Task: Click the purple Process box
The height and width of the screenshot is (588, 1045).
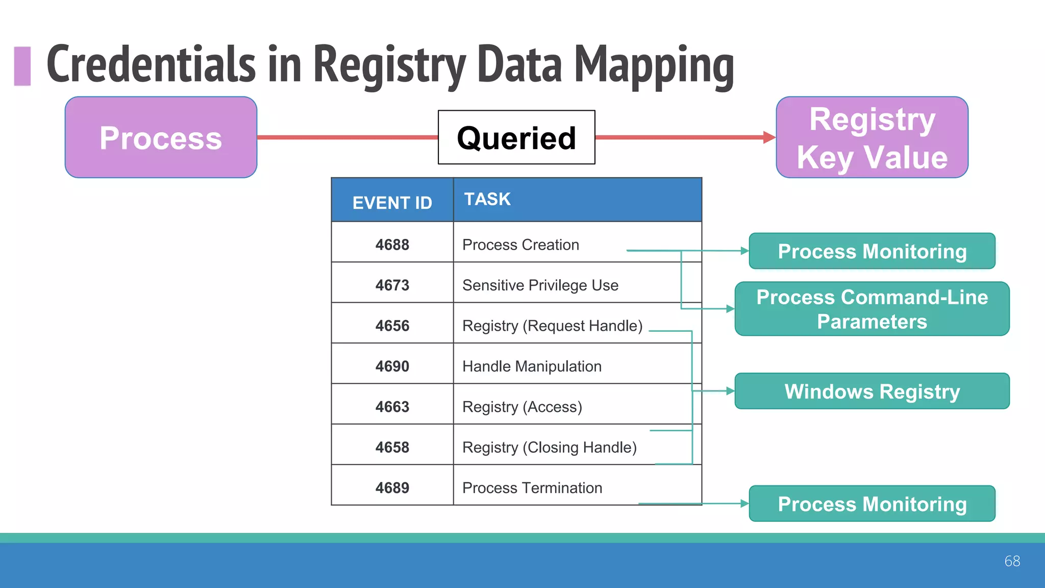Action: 161,137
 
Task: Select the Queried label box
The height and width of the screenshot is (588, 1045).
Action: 516,137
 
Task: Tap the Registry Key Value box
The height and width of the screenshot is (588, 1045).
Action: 872,137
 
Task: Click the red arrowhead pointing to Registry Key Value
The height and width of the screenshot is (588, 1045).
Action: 769,137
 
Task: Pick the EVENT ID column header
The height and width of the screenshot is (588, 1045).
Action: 392,203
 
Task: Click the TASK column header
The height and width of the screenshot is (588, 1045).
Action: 487,199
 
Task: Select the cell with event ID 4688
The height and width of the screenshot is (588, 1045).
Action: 392,244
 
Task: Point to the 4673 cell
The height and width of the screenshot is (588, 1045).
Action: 392,285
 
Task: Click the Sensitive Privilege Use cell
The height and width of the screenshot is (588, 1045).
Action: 540,285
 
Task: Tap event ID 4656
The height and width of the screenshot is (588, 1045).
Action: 392,326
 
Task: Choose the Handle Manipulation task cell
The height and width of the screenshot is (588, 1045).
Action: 532,366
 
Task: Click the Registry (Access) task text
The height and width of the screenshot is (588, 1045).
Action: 522,407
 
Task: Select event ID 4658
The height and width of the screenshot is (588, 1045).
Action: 392,447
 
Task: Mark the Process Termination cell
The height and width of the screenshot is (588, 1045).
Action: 532,487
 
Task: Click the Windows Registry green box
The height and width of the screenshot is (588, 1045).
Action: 872,391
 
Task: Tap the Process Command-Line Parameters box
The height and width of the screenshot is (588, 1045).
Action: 872,309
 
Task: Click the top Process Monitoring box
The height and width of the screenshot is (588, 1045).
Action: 872,251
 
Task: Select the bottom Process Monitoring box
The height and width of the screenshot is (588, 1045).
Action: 872,504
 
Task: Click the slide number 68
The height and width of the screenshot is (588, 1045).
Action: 1012,561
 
